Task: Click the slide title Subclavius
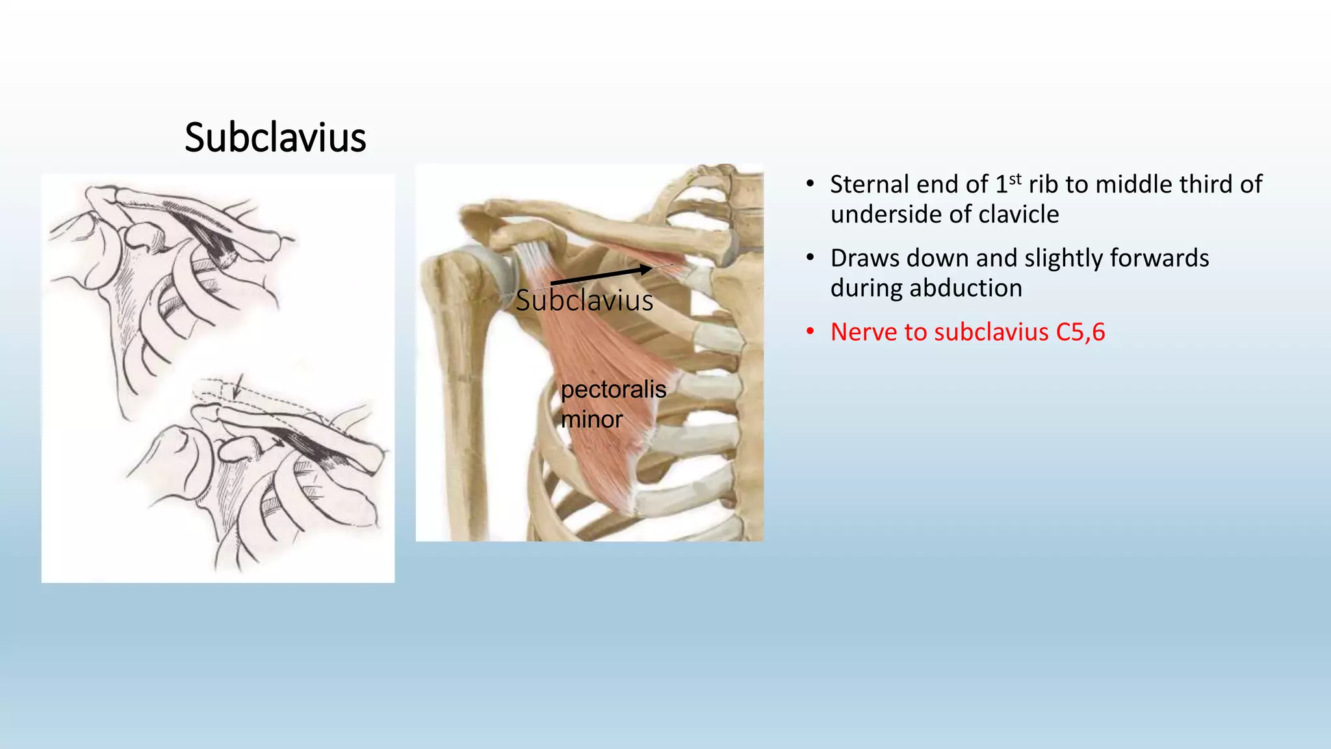(275, 138)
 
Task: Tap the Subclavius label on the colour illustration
(584, 301)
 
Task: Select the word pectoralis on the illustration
(614, 389)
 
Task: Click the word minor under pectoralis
(591, 419)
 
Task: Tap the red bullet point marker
(810, 332)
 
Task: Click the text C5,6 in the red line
(1080, 332)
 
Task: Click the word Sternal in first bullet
(871, 185)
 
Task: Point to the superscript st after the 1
(1015, 178)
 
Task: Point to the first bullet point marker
(810, 184)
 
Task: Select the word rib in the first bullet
(1043, 185)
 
